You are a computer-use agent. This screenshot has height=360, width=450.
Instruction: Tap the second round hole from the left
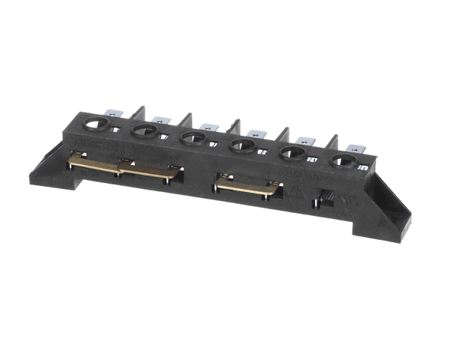143,131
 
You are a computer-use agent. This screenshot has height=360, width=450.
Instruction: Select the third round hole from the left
192,137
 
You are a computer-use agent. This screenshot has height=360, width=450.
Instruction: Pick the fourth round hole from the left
242,145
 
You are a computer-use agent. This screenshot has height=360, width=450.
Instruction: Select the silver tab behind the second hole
159,118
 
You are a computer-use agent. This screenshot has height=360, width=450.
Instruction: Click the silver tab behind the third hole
207,125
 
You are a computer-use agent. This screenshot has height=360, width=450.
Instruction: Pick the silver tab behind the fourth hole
257,133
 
